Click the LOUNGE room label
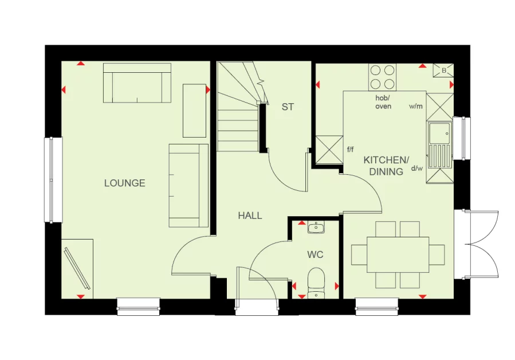pyautogui.click(x=124, y=183)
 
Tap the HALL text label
pyautogui.click(x=250, y=216)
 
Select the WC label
pyautogui.click(x=315, y=253)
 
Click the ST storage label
pyautogui.click(x=287, y=107)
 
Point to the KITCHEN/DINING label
pyautogui.click(x=386, y=166)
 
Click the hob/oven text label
pyautogui.click(x=383, y=103)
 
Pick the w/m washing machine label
pyautogui.click(x=415, y=107)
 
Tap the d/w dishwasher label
pyautogui.click(x=417, y=168)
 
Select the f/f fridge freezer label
pyautogui.click(x=351, y=150)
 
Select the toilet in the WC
pyautogui.click(x=316, y=282)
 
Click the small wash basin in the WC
pyautogui.click(x=315, y=228)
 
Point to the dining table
pyautogui.click(x=398, y=255)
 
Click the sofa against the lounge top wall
pyautogui.click(x=137, y=83)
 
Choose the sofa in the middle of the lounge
pyautogui.click(x=188, y=185)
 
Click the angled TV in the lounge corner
pyautogui.click(x=77, y=268)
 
